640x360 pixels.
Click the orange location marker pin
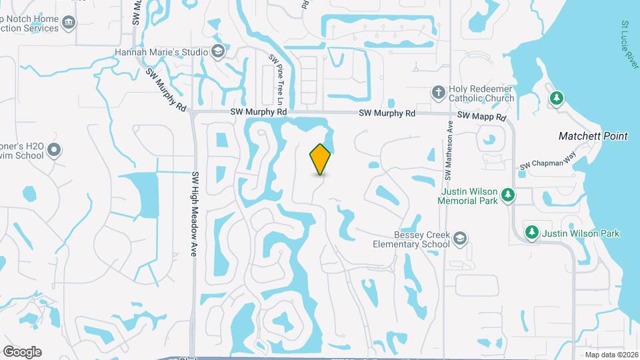pyautogui.click(x=321, y=159)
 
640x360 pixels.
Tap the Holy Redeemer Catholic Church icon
pyautogui.click(x=438, y=92)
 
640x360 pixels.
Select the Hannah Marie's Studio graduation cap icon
pyautogui.click(x=218, y=51)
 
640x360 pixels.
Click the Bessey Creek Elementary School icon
pyautogui.click(x=461, y=239)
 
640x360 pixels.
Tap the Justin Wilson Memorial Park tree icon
pyautogui.click(x=509, y=194)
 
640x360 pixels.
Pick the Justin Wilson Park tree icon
pyautogui.click(x=531, y=233)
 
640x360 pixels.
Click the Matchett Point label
pyautogui.click(x=593, y=136)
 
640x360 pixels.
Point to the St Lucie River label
pyautogui.click(x=630, y=43)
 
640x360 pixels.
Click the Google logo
pyautogui.click(x=22, y=351)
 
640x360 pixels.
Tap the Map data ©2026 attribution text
pyautogui.click(x=611, y=355)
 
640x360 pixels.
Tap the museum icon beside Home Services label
pyautogui.click(x=69, y=24)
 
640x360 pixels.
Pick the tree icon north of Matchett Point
pyautogui.click(x=555, y=99)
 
